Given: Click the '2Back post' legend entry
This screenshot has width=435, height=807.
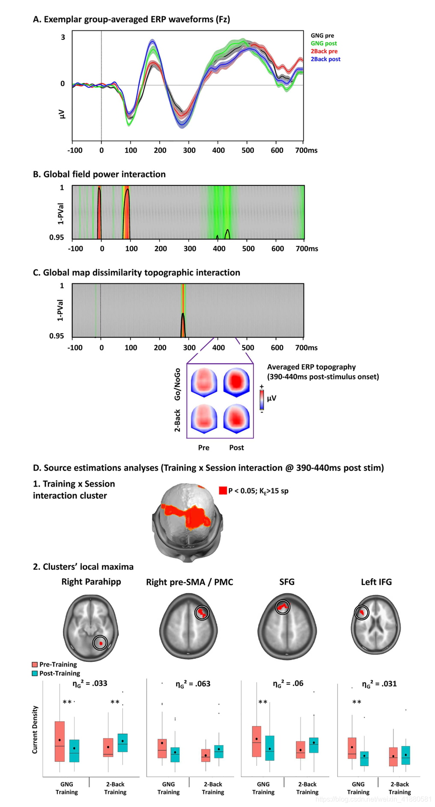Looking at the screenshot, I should (x=325, y=59).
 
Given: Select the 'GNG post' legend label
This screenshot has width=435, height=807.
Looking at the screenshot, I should (x=324, y=43).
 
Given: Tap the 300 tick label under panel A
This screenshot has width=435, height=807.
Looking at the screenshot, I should (x=189, y=150).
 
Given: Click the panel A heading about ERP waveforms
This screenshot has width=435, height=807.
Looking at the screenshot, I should (x=131, y=19).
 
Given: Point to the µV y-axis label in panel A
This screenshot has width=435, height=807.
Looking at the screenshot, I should (x=62, y=114).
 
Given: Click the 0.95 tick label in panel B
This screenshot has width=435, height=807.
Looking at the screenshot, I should (x=56, y=237).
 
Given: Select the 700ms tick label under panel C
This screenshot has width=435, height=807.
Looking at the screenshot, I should (x=306, y=347).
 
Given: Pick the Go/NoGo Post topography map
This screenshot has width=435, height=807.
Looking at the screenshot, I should (x=236, y=382).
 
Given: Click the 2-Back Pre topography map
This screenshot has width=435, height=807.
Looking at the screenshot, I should (x=204, y=418).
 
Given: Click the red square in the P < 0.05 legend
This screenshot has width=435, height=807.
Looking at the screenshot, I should (x=223, y=490).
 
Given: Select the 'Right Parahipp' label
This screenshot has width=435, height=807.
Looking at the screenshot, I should (x=91, y=582).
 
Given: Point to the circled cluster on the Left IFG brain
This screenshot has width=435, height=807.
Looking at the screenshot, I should (x=362, y=613).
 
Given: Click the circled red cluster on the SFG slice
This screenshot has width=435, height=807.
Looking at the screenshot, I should (x=282, y=607).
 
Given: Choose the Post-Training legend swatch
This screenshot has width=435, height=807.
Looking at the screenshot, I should (x=35, y=673).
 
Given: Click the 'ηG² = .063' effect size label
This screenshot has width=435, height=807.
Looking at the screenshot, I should (x=193, y=684).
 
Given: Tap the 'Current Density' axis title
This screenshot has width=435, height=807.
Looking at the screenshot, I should (x=35, y=729).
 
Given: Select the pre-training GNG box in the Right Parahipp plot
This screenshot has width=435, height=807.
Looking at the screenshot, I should (x=60, y=741).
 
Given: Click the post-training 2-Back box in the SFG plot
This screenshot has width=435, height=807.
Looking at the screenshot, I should (x=314, y=745).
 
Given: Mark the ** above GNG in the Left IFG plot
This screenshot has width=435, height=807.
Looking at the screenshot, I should (x=357, y=702).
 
